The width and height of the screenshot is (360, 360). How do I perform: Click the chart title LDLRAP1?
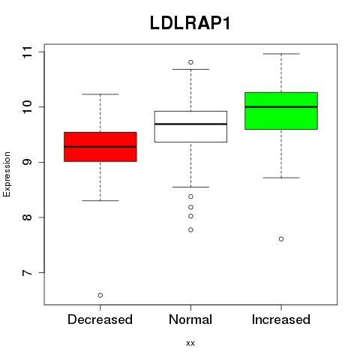click(x=190, y=23)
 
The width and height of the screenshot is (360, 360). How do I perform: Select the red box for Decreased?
click(x=100, y=147)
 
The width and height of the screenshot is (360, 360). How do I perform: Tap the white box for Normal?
click(x=190, y=127)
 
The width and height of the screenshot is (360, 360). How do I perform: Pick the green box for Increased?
click(x=281, y=111)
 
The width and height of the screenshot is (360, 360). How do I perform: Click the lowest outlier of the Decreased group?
click(x=100, y=295)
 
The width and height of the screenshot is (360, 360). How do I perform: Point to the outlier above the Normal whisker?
click(x=190, y=62)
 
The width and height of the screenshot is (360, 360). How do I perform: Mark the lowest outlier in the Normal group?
click(x=190, y=229)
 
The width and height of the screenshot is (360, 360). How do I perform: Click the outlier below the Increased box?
click(x=281, y=239)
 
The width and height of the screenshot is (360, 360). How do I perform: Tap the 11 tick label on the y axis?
click(x=28, y=52)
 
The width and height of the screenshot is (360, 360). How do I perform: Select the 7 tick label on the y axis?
click(x=28, y=272)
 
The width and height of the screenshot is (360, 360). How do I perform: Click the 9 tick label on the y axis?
click(x=28, y=162)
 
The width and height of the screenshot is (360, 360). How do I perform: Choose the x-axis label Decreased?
click(x=100, y=319)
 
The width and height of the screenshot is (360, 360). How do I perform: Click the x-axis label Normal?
click(x=190, y=319)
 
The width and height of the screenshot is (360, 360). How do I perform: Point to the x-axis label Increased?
click(x=281, y=319)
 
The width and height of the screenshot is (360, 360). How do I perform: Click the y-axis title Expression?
click(x=7, y=174)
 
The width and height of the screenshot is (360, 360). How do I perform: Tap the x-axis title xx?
click(x=190, y=343)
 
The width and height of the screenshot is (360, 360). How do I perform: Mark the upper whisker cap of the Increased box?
click(x=281, y=54)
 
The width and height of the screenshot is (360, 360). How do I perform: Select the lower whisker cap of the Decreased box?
click(x=100, y=200)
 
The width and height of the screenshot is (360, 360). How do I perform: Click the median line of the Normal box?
click(x=190, y=124)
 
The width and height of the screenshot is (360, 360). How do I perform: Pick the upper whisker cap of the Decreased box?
click(x=100, y=94)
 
